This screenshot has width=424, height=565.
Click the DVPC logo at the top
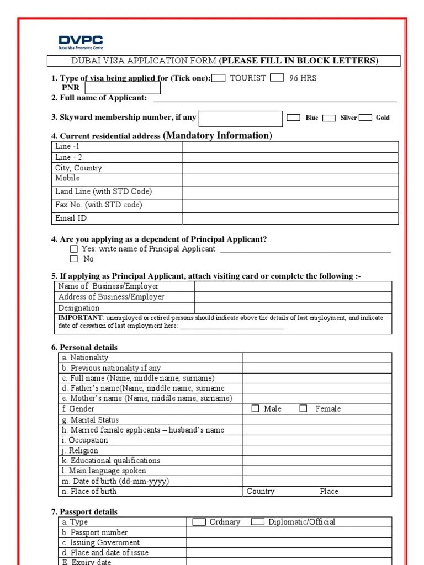81,42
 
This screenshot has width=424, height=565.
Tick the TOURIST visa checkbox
219,78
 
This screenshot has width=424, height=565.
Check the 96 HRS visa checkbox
278,78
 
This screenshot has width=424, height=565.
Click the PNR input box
123,88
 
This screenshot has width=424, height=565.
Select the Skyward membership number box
240,118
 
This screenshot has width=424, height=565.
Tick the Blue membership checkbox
294,118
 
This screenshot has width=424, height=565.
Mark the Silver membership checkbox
329,118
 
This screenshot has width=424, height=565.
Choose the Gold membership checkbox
365,118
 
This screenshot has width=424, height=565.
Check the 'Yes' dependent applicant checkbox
74,249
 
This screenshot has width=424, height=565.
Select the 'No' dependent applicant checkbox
74,259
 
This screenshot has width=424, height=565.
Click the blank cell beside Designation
293,308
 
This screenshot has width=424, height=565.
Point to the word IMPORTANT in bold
80,318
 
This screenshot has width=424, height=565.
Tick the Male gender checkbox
255,409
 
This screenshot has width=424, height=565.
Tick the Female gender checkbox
303,409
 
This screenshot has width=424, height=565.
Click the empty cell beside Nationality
317,358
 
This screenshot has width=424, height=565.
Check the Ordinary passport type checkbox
199,522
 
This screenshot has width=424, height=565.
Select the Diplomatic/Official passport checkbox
257,522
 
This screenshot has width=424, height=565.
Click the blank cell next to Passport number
289,532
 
